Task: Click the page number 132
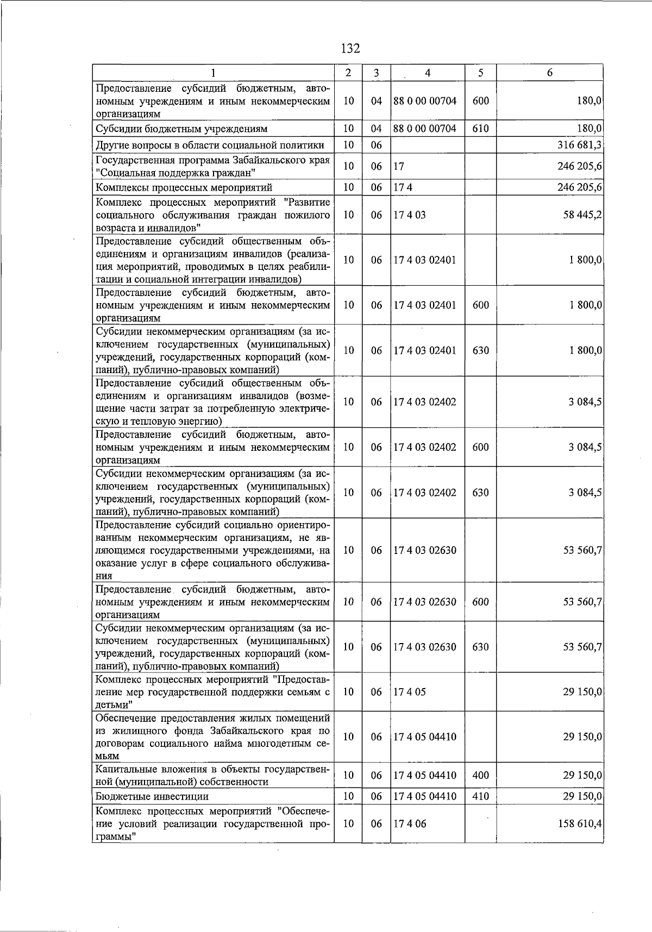coord(350,49)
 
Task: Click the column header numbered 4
coord(428,73)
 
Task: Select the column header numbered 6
coord(549,73)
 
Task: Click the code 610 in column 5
coord(480,129)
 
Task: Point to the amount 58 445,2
coord(582,215)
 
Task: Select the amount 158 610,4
coord(580,824)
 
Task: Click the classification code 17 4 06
coord(410,824)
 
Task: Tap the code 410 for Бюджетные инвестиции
coord(480,796)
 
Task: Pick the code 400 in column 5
coord(480,776)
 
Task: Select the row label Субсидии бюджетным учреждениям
coord(181,129)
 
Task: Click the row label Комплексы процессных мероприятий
coord(184,187)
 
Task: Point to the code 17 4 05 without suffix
coord(410,692)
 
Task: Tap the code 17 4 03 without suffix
coord(410,215)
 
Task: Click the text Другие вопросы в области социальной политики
coord(210,145)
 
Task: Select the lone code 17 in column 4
coord(399,166)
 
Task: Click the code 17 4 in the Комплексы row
coord(403,187)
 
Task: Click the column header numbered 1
coord(213,73)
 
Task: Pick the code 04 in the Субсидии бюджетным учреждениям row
coord(376,129)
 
